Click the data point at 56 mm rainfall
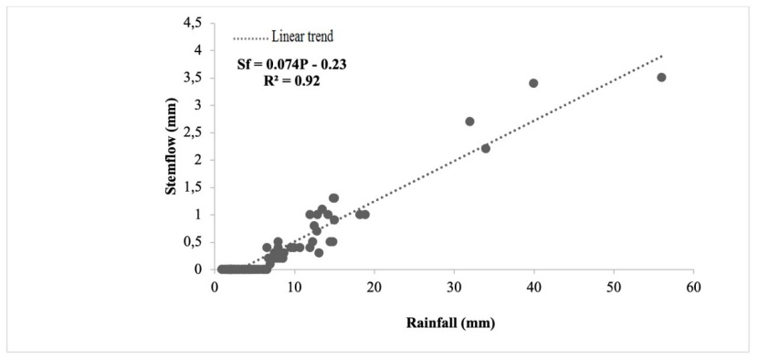click(x=661, y=78)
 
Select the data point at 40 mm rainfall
click(x=533, y=83)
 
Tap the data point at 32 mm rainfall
click(x=469, y=122)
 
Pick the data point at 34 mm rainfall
click(x=486, y=148)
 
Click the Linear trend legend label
click(x=302, y=37)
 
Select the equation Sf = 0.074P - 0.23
click(x=292, y=64)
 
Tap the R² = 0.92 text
click(x=291, y=80)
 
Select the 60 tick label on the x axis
click(x=693, y=286)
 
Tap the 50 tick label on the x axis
click(x=614, y=286)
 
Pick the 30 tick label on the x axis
click(x=454, y=286)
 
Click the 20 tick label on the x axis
click(x=374, y=286)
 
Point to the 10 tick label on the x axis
click(x=294, y=286)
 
